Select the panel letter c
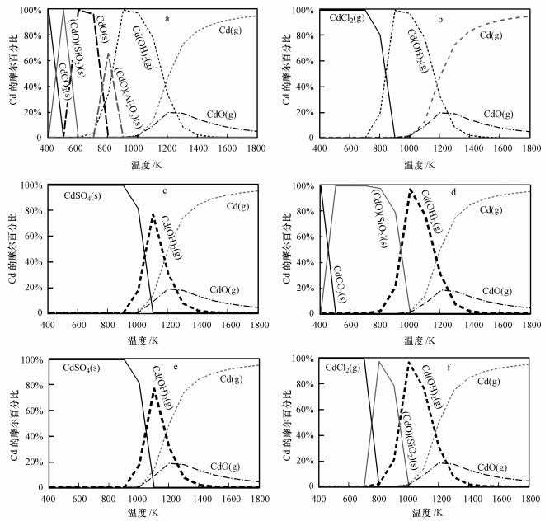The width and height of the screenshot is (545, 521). (x=166, y=193)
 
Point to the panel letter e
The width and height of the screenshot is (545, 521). (x=166, y=368)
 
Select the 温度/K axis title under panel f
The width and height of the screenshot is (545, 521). (x=425, y=514)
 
